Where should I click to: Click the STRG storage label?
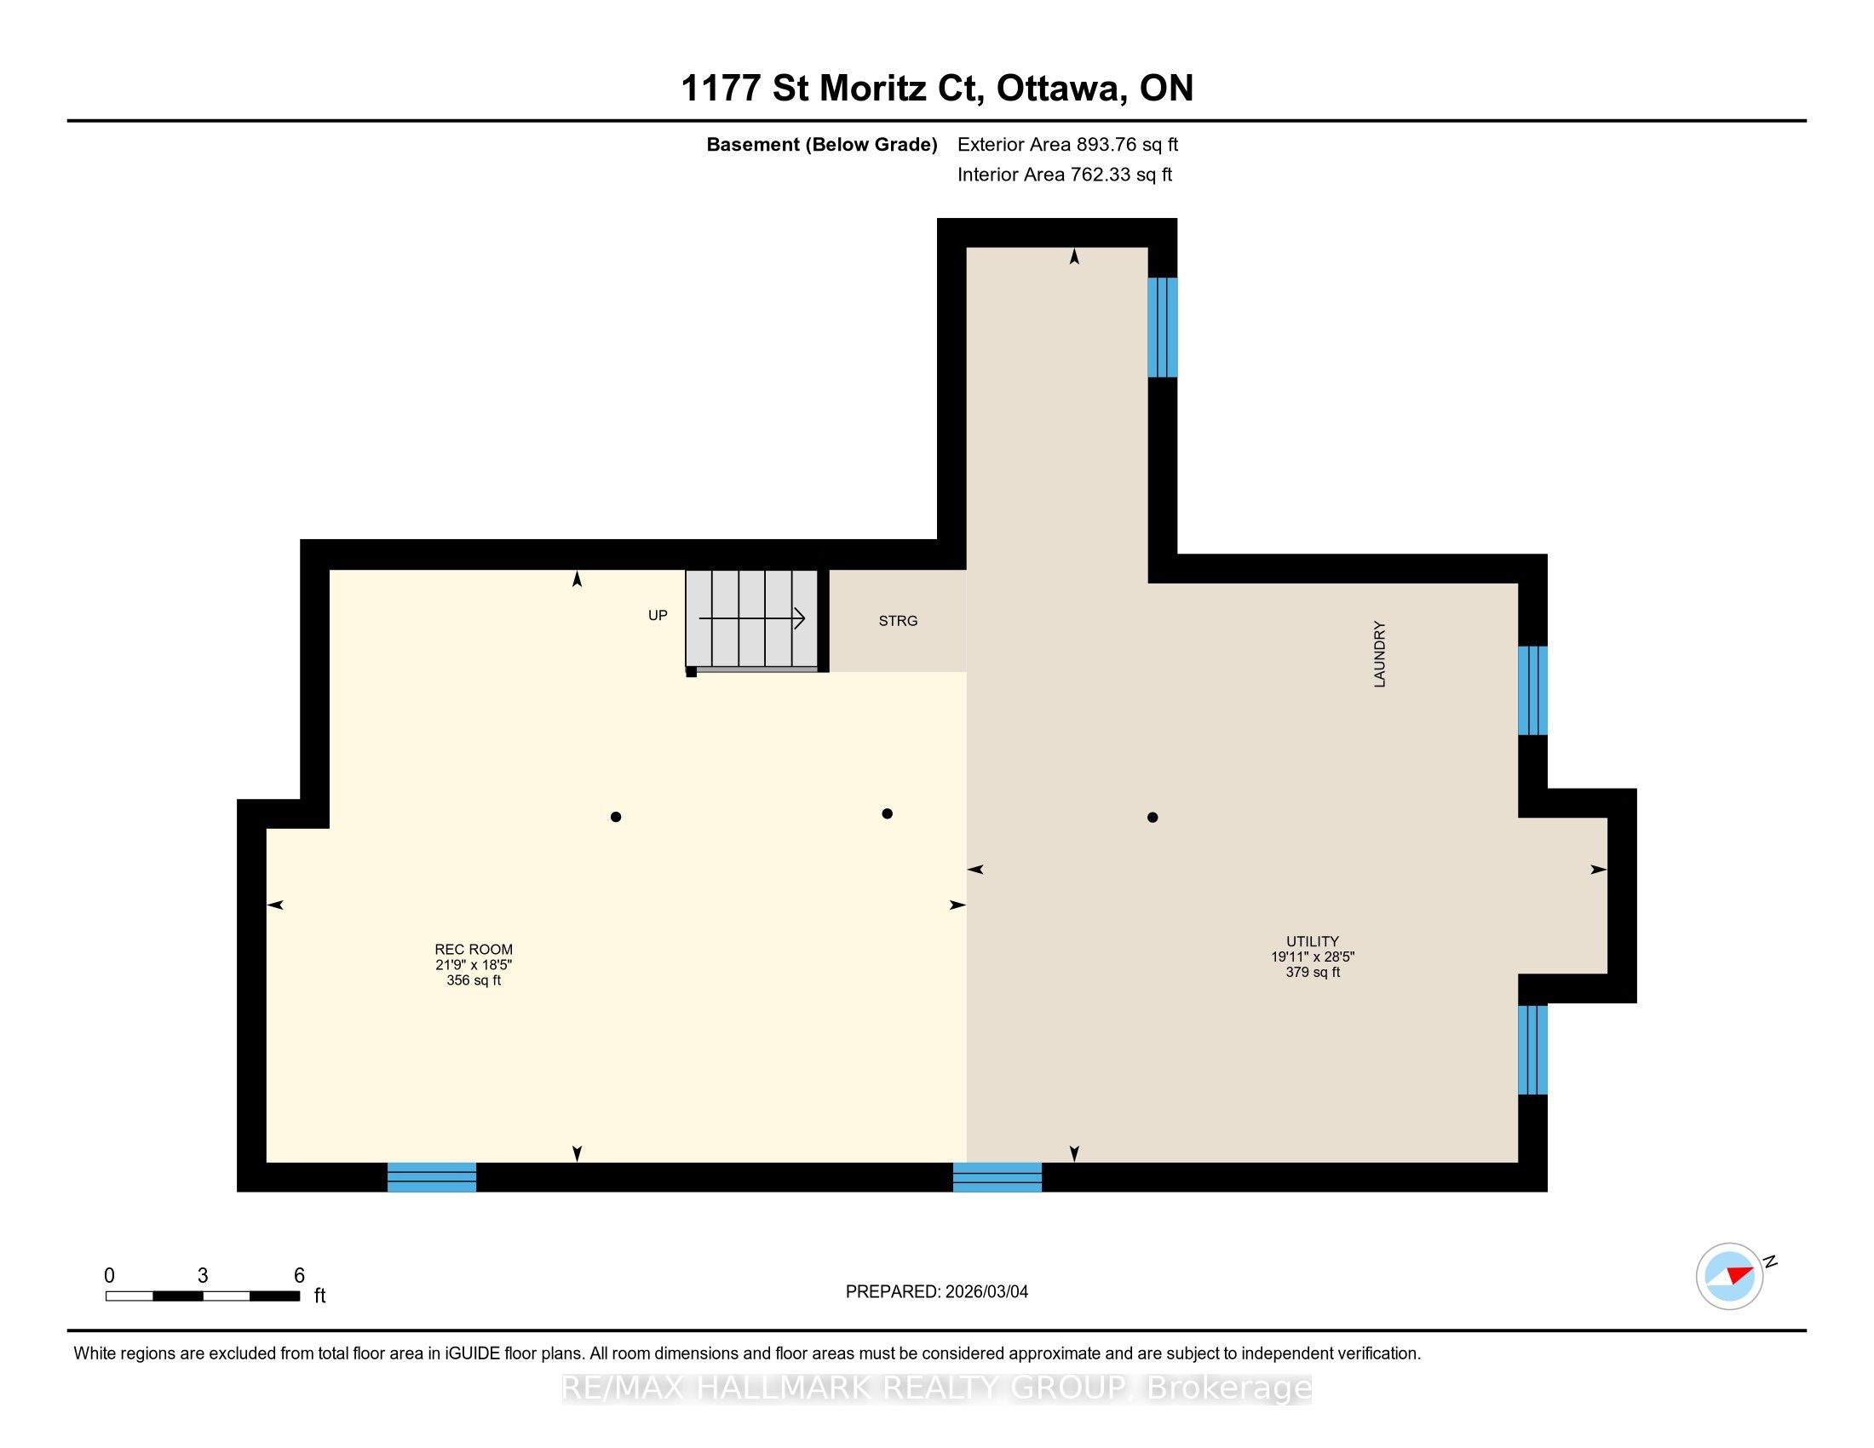click(898, 620)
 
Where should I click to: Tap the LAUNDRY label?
click(1380, 653)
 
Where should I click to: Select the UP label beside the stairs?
click(658, 615)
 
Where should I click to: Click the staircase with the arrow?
click(751, 618)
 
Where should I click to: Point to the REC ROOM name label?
click(474, 949)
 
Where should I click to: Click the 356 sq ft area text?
click(474, 980)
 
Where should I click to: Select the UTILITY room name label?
click(1313, 941)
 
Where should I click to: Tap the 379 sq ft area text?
click(1313, 972)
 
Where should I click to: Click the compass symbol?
click(1730, 1276)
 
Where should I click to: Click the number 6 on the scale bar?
click(300, 1275)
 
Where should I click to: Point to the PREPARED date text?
click(937, 1291)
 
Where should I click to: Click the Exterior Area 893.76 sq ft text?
click(1068, 144)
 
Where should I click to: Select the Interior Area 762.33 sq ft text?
click(1065, 174)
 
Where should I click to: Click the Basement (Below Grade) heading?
click(821, 144)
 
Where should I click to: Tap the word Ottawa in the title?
click(1061, 89)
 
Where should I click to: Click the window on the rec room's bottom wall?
click(432, 1177)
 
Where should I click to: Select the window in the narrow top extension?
click(1163, 327)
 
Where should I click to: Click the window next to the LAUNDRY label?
click(1532, 691)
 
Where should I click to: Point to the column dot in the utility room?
click(1153, 818)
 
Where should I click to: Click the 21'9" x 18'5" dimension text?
click(474, 964)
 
